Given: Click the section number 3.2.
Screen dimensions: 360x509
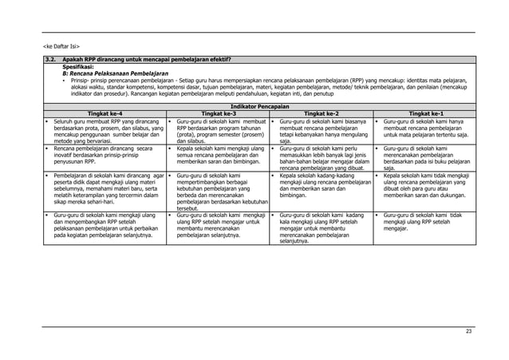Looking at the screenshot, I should (50, 60).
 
